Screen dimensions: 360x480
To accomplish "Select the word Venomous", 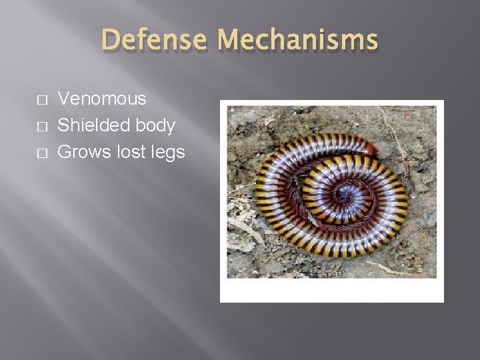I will pyautogui.click(x=101, y=99).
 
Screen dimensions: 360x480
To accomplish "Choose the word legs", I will pyautogui.click(x=167, y=153).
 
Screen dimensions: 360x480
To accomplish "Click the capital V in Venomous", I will pyautogui.click(x=64, y=99).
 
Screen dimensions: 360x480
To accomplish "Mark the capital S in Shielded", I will pyautogui.click(x=64, y=126).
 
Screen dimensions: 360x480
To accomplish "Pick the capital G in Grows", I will pyautogui.click(x=65, y=153).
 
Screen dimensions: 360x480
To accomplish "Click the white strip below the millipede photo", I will pyautogui.click(x=332, y=290).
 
